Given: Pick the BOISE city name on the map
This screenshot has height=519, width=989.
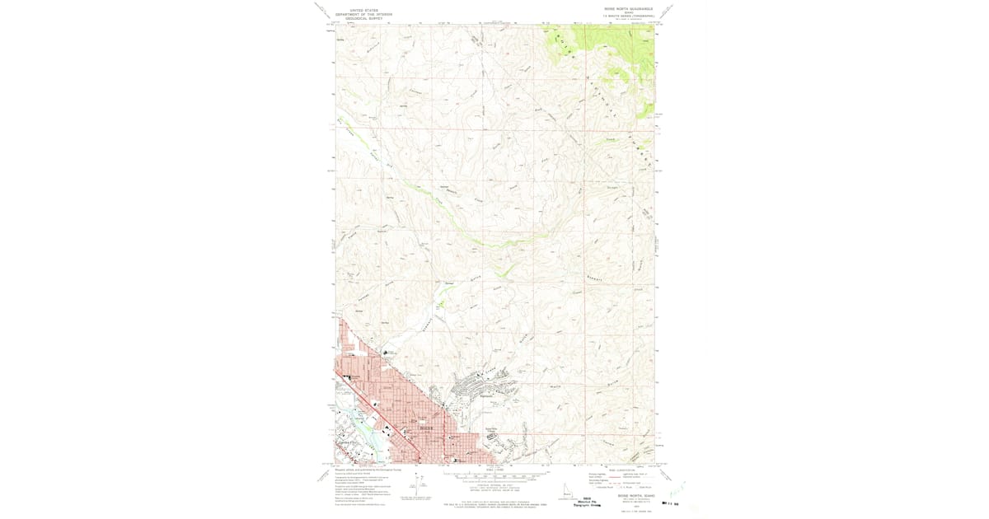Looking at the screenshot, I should click(x=426, y=428).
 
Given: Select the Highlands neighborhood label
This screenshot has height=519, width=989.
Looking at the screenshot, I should click(x=486, y=398).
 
